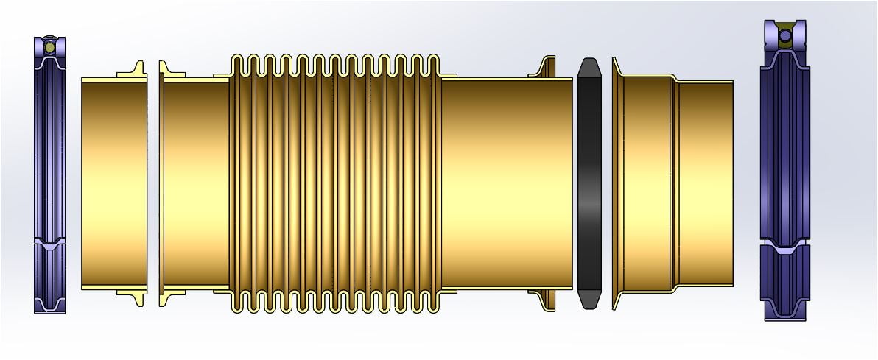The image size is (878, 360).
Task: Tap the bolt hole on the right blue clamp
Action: coord(785,35)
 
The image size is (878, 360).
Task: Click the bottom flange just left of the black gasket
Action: coord(546,299)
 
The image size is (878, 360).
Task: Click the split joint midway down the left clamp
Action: coord(49,242)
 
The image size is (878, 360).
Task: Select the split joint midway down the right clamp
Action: coord(785,242)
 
